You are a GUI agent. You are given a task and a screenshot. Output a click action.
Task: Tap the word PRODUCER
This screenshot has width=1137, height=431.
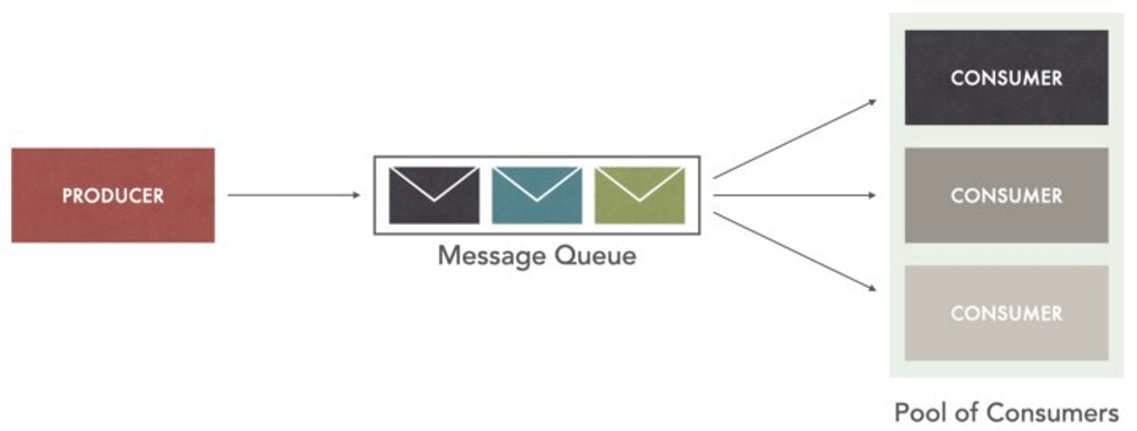coord(113,196)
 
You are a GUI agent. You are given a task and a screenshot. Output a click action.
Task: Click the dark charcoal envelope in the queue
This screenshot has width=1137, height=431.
coord(434,195)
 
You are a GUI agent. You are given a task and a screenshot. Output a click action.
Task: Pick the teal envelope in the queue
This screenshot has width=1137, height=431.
coord(537,195)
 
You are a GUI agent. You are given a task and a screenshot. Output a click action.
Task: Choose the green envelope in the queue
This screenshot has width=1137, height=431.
coord(640,195)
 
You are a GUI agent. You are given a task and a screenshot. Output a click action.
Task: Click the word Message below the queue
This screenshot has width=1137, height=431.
coord(491,256)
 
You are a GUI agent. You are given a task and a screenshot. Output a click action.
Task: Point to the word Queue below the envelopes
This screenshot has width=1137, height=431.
coord(595,256)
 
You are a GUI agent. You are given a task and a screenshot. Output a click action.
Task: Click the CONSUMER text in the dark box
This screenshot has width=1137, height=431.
coord(1006,78)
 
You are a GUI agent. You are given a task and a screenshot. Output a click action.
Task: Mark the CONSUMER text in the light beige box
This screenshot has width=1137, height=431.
coord(1006,313)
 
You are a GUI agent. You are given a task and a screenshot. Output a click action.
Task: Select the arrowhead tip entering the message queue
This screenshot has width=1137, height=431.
coord(358,195)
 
